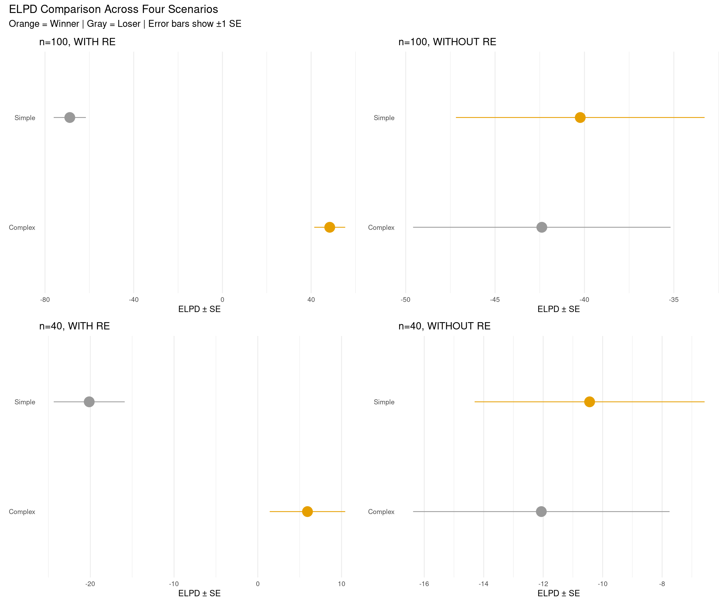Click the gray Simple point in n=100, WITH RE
coord(70,118)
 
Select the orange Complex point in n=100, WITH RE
coord(329,227)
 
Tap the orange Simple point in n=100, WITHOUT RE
coord(580,118)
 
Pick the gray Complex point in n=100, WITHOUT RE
coord(542,227)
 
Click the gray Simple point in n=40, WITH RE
coord(89,402)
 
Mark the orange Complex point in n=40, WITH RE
coord(307,511)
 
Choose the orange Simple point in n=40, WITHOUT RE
coord(589,402)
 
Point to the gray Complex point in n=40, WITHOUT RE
coord(541,511)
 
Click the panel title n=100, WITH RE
coord(77,42)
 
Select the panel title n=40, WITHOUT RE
coord(445,326)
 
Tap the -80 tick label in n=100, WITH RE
coord(45,300)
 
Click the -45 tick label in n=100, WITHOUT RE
coord(495,300)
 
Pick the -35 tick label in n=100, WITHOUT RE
coord(674,300)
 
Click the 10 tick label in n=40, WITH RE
coord(342,584)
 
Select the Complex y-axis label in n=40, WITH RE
coord(22,512)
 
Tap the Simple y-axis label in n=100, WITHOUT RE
coord(384,118)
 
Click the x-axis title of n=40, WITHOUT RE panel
coord(558,593)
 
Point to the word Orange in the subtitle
coord(24,24)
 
